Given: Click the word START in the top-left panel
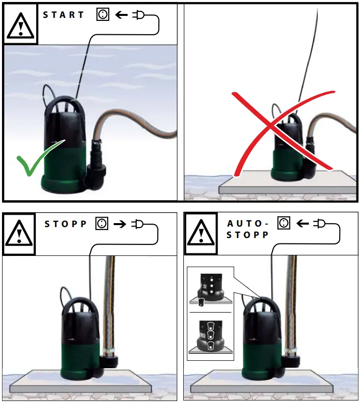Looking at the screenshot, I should click(63, 15).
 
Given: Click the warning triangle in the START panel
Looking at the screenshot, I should click(20, 25).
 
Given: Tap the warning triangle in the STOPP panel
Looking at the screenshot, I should click(19, 234).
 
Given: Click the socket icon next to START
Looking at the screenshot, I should click(103, 15).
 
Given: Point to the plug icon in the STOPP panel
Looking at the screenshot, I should click(138, 224).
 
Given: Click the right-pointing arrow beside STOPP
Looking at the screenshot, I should click(120, 224).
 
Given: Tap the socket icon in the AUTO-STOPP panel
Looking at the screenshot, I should click(284, 224).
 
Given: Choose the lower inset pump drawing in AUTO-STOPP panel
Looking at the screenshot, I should click(210, 336).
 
